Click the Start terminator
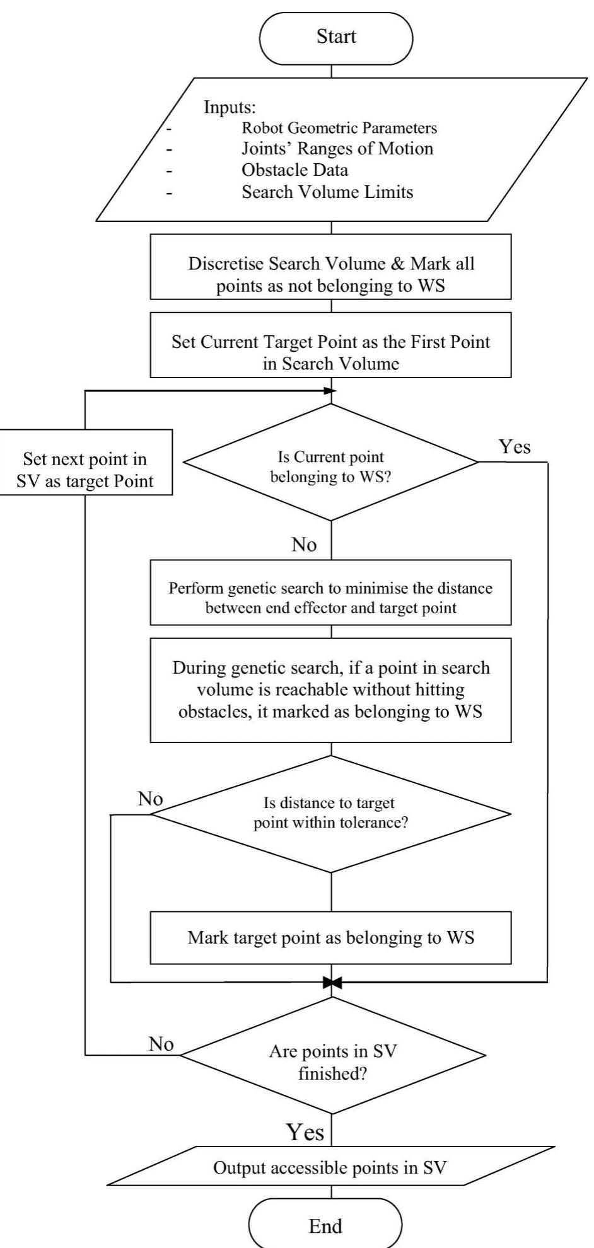click(336, 37)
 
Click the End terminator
click(325, 1225)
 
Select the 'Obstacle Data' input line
click(294, 170)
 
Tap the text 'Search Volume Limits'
click(327, 192)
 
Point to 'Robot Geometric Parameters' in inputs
click(339, 128)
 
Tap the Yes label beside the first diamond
click(515, 447)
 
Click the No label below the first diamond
click(304, 545)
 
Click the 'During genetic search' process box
click(330, 690)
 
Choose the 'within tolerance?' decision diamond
click(330, 813)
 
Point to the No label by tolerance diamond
click(150, 799)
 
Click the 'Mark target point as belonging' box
click(330, 937)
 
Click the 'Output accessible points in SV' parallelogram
click(330, 1167)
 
